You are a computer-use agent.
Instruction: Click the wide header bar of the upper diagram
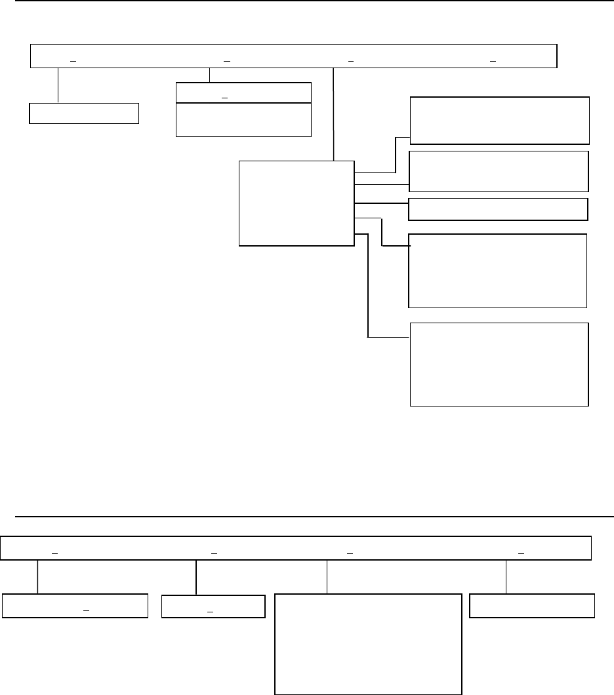(294, 56)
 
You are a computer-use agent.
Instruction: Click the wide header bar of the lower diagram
(295, 548)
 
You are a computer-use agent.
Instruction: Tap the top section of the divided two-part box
(243, 92)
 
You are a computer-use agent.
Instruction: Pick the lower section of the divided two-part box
(243, 119)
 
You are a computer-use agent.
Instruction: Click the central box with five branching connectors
(297, 203)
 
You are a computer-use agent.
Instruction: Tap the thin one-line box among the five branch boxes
(498, 209)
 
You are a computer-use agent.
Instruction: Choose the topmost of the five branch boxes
(499, 120)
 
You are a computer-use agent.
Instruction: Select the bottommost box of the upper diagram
(499, 365)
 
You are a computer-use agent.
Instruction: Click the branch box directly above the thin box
(499, 170)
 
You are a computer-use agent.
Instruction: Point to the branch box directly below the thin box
(497, 270)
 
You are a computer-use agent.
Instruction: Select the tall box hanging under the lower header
(367, 643)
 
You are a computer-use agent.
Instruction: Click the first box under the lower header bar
(74, 606)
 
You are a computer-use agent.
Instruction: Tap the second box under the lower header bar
(213, 606)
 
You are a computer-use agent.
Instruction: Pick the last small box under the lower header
(533, 606)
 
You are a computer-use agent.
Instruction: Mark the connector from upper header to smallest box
(58, 85)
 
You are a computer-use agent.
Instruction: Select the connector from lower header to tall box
(327, 577)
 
